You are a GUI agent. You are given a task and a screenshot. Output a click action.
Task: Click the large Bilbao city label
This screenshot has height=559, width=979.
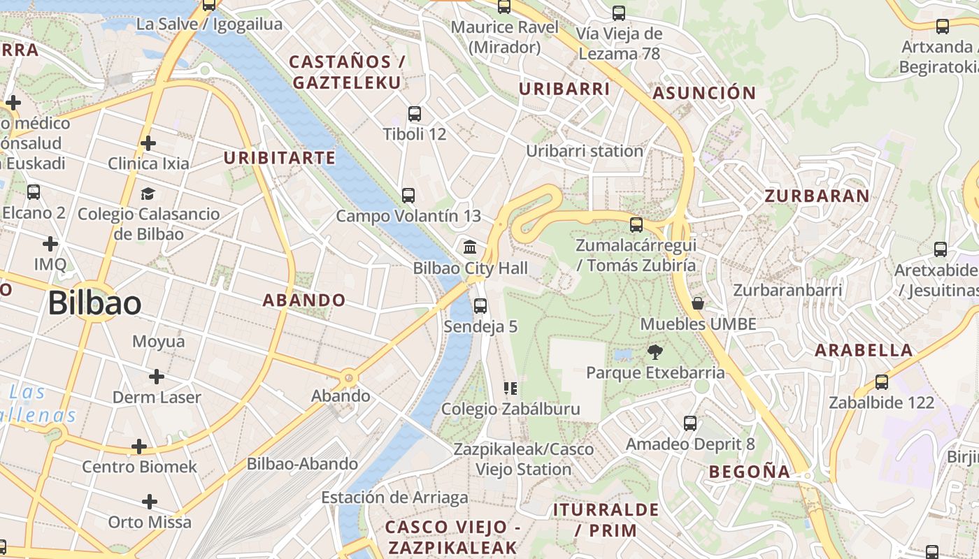coord(94,303)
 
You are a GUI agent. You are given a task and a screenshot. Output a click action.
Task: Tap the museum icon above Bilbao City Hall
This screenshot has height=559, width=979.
coord(470,247)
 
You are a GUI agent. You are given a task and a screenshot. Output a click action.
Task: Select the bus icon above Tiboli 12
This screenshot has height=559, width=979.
coord(415,113)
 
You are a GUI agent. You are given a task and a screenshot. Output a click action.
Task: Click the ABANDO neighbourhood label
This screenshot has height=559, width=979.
coord(304,300)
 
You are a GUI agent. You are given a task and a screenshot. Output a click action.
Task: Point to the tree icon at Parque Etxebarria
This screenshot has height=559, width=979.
coord(655,351)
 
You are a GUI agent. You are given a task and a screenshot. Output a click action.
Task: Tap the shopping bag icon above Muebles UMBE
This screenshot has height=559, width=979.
coord(697,303)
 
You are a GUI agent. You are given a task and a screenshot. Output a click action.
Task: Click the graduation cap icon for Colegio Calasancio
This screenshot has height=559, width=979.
coord(148,194)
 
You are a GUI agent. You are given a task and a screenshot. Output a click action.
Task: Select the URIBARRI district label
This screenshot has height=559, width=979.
coord(564,89)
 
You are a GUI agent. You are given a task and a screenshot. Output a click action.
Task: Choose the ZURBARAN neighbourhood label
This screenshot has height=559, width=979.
coord(817,196)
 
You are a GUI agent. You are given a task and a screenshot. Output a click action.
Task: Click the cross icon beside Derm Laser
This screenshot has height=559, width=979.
coord(157,377)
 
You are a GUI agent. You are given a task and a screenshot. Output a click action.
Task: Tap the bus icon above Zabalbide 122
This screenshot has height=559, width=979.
coord(882,382)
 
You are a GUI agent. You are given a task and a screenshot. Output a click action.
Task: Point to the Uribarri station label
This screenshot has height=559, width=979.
coord(585,151)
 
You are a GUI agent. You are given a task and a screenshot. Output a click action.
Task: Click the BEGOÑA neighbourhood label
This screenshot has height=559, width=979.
coord(750,472)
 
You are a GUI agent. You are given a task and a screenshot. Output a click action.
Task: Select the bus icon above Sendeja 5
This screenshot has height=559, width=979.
coord(480,305)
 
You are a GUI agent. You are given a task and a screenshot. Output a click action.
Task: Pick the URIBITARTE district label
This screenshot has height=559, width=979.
coord(280,158)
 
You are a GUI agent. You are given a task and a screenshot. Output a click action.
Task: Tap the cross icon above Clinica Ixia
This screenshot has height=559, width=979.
coord(148,143)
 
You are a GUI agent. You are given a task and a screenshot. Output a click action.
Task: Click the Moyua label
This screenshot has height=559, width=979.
coord(159,342)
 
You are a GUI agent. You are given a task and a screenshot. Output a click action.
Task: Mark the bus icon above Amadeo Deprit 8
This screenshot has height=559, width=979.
coord(690,423)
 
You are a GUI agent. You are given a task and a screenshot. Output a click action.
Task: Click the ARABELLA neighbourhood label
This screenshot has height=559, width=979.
coord(864,350)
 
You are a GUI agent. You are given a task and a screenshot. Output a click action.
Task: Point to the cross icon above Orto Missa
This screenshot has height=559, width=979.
coord(149,502)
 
